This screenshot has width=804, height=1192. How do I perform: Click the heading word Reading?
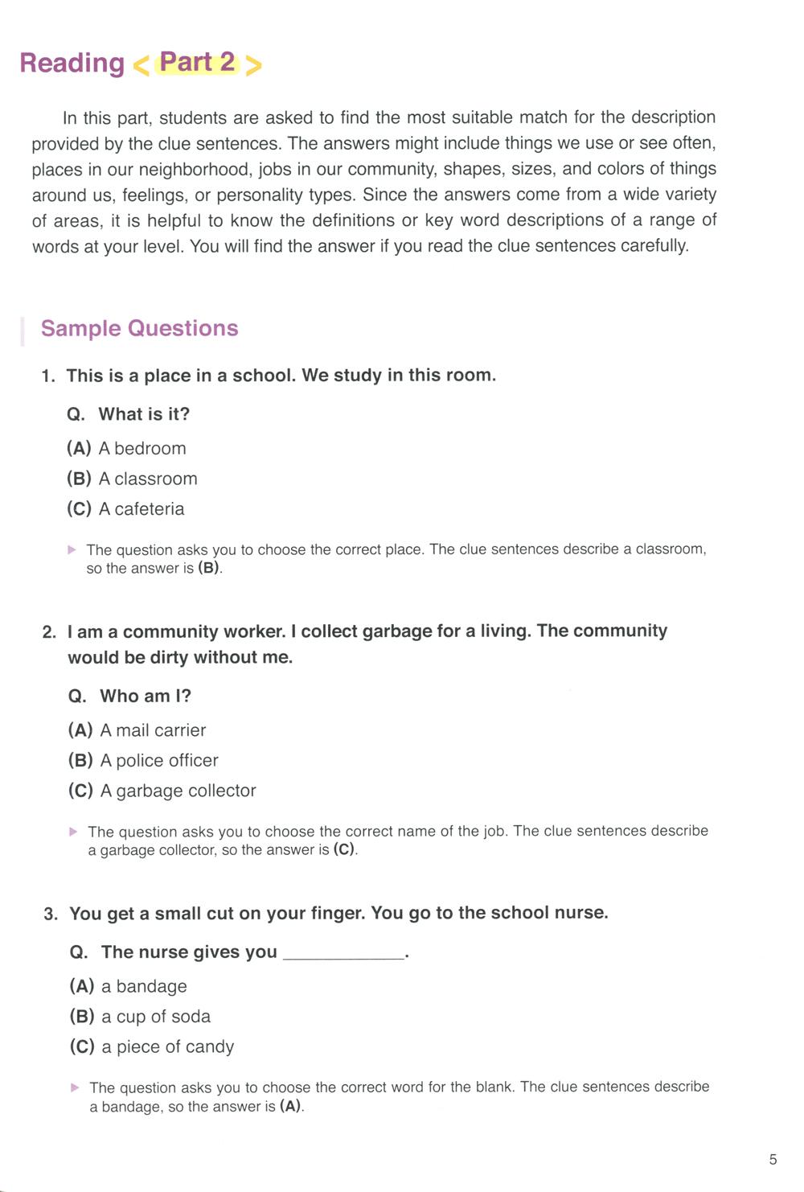click(x=72, y=63)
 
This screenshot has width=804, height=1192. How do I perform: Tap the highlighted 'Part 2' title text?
click(x=197, y=62)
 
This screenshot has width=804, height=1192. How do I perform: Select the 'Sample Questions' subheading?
click(x=139, y=328)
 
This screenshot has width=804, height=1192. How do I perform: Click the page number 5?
click(x=773, y=1159)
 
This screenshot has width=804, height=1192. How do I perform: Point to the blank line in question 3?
click(x=344, y=956)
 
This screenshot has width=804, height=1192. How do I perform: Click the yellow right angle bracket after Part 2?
click(x=253, y=65)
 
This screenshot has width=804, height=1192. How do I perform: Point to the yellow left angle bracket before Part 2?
click(x=141, y=65)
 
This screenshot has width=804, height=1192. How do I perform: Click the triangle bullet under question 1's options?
click(x=72, y=550)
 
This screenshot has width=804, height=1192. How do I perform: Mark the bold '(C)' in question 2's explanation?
click(x=343, y=850)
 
